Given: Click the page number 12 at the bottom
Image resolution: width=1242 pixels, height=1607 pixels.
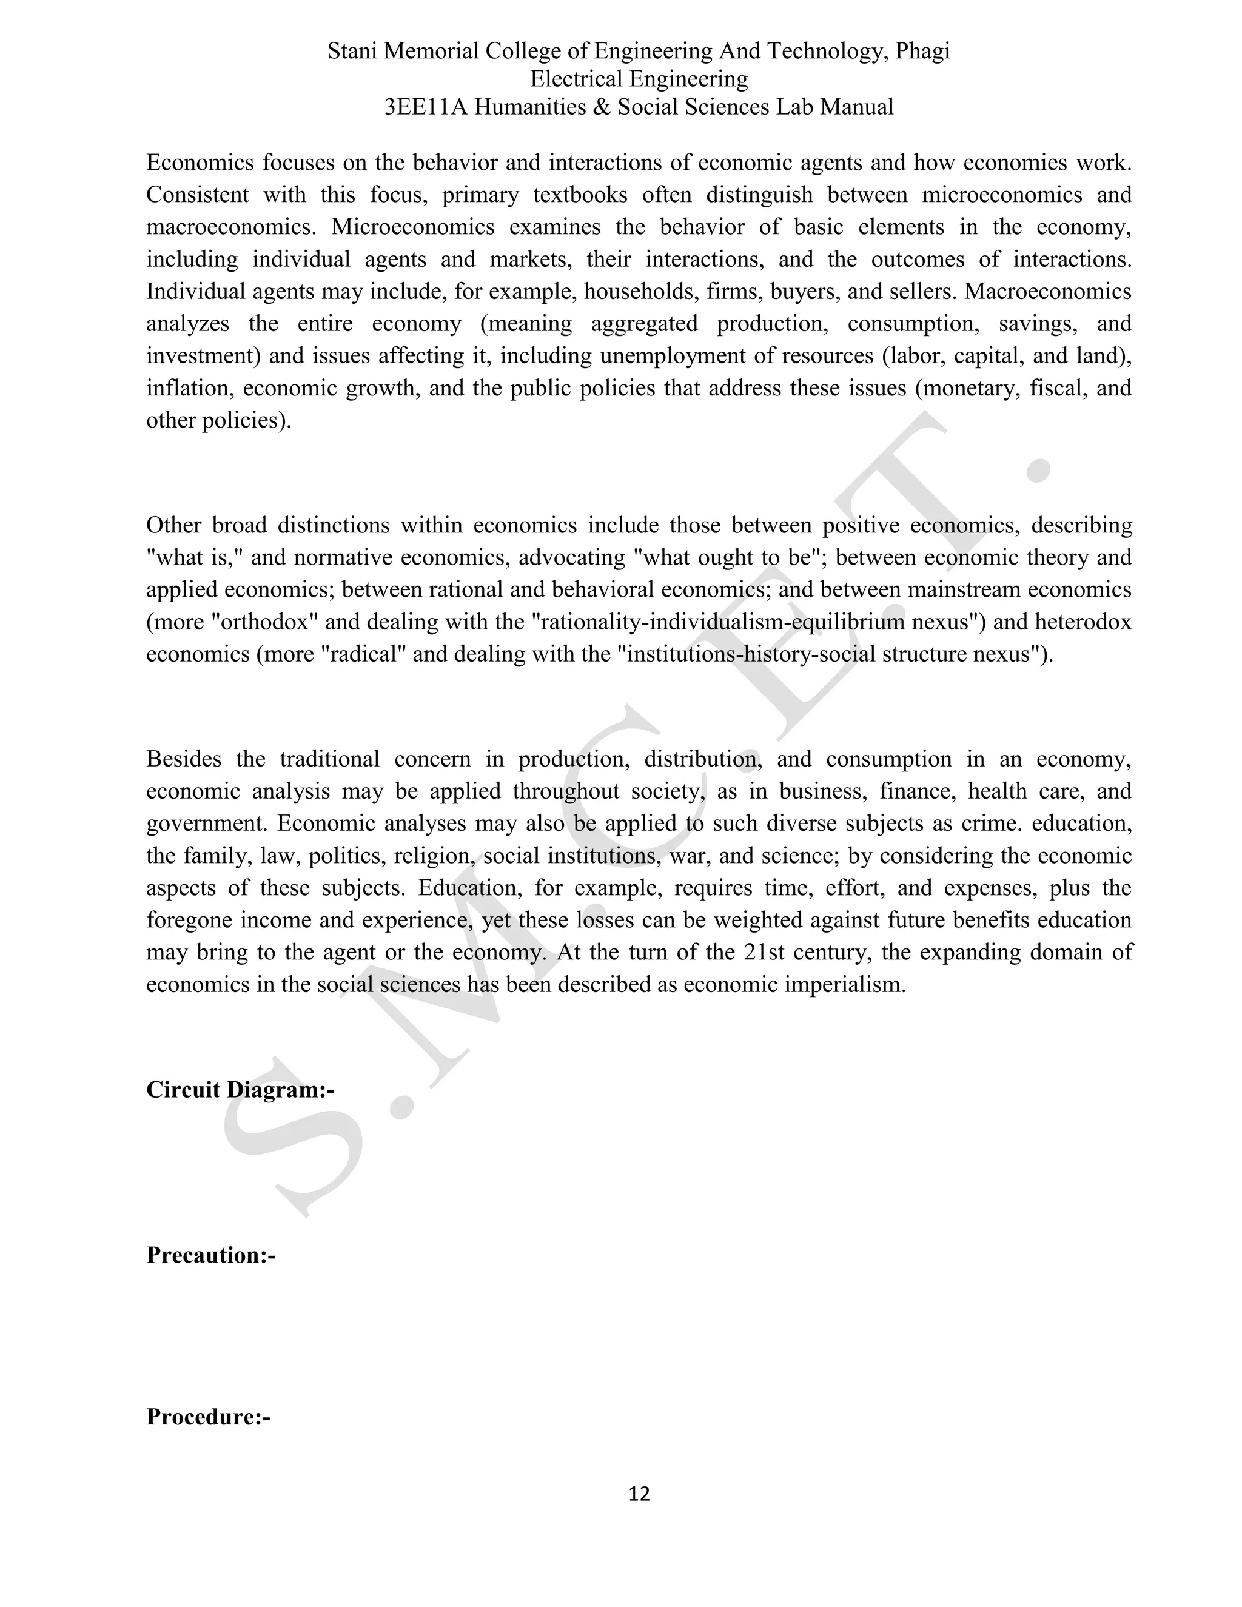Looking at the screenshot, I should pyautogui.click(x=639, y=1494).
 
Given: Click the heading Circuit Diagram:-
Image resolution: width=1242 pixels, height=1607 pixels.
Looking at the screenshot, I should pyautogui.click(x=240, y=1090).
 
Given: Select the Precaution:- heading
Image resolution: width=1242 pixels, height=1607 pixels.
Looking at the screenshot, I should pyautogui.click(x=210, y=1255).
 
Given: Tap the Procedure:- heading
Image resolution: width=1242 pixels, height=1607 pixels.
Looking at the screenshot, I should pyautogui.click(x=208, y=1417).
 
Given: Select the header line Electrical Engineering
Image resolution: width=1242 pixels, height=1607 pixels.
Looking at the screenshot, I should pyautogui.click(x=639, y=79).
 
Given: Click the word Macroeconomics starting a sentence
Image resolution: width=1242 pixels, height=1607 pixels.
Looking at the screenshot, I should pyautogui.click(x=1048, y=292).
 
